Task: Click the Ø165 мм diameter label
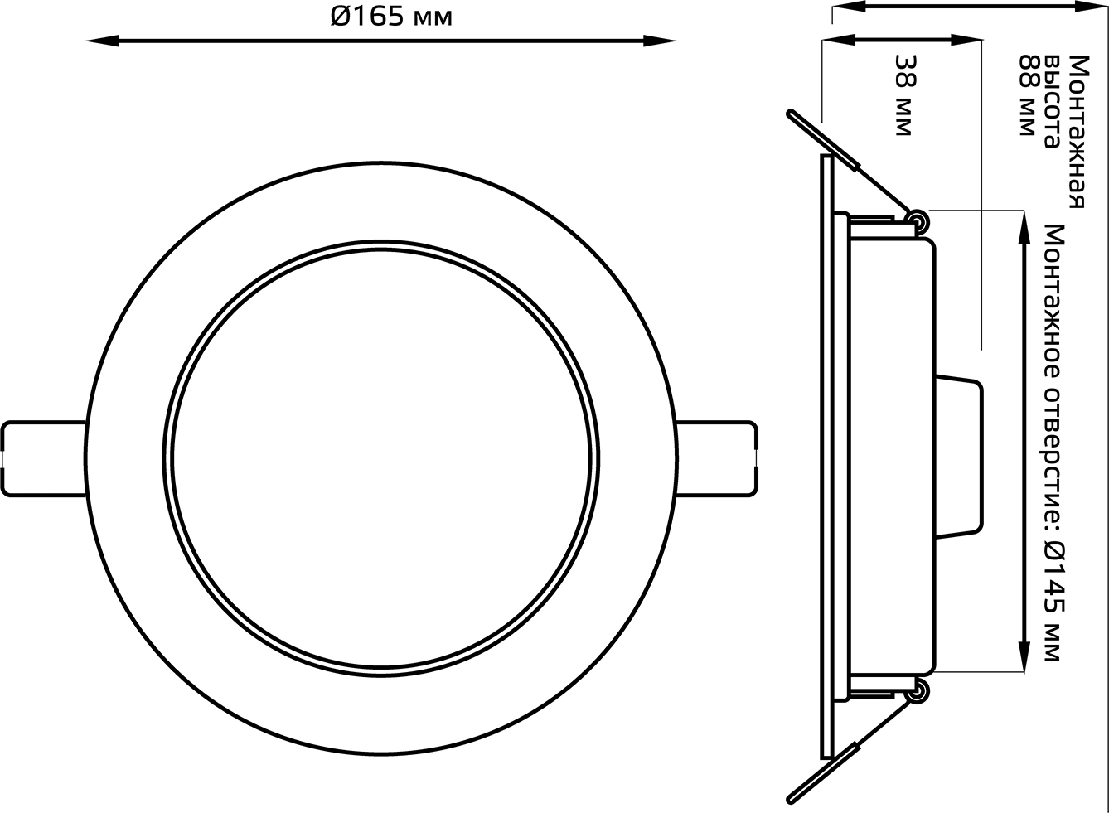pyautogui.click(x=391, y=17)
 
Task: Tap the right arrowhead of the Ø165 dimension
pyautogui.click(x=660, y=41)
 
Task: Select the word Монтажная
pyautogui.click(x=1079, y=132)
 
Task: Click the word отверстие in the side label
pyautogui.click(x=1053, y=448)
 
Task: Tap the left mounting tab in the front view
pyautogui.click(x=45, y=458)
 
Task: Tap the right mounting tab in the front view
pyautogui.click(x=716, y=458)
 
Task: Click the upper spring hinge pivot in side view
pyautogui.click(x=917, y=220)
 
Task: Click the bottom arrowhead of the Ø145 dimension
pyautogui.click(x=1024, y=656)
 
